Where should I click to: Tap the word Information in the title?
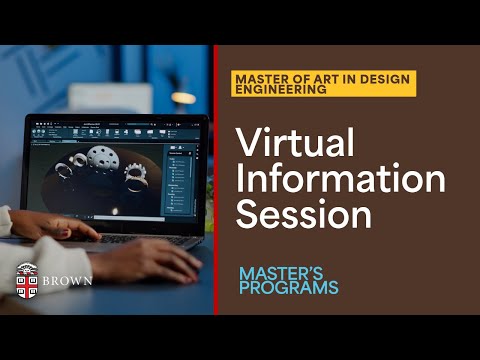click(x=340, y=181)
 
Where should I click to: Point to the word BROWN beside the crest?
click(x=69, y=280)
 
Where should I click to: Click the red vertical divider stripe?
click(x=215, y=180)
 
